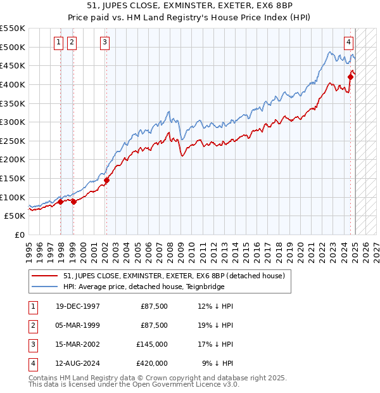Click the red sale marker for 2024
pos(350,77)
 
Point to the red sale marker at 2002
pos(106,180)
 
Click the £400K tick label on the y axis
pos(13,84)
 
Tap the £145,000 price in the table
pos(153,344)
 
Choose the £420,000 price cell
pos(153,363)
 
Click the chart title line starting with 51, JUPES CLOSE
pos(190,8)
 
